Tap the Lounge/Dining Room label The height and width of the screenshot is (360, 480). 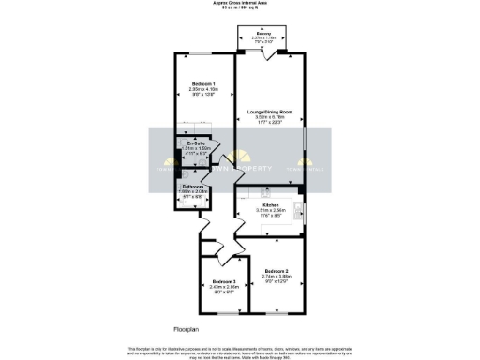(269, 112)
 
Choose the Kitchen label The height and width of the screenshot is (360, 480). (270, 204)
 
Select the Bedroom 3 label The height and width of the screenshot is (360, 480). (223, 281)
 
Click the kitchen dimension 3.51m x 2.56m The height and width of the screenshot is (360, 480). (270, 210)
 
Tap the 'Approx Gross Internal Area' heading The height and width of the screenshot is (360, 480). (240, 5)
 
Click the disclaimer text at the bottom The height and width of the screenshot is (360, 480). (240, 352)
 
